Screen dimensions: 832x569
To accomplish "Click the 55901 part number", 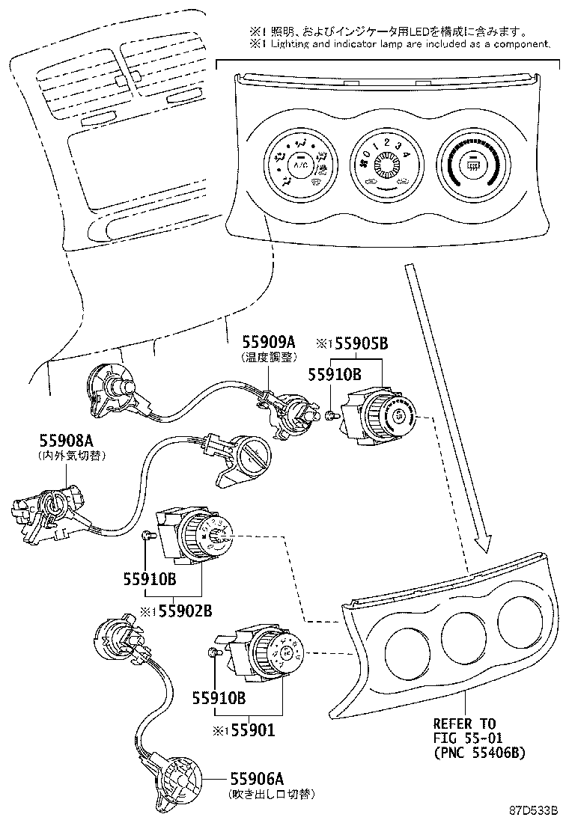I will click(250, 730).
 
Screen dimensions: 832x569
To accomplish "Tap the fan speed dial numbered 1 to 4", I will click(386, 165).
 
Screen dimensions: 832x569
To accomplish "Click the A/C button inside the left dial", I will click(301, 164).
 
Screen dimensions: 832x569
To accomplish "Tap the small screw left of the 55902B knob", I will click(147, 534).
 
